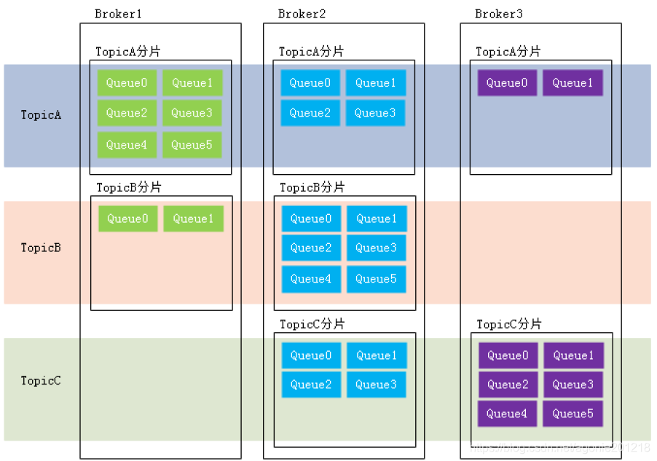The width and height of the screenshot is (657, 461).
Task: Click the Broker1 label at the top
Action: click(x=119, y=14)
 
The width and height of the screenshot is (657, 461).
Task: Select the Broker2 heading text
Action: click(x=302, y=14)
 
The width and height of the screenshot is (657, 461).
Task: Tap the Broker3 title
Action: click(x=499, y=14)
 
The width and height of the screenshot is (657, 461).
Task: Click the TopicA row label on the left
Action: click(x=41, y=114)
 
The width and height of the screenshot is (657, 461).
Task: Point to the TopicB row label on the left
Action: click(x=41, y=248)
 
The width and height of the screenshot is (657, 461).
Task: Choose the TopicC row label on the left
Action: click(x=41, y=380)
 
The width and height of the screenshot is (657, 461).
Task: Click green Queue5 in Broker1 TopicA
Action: click(x=192, y=145)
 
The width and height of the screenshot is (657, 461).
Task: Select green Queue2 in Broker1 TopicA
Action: click(x=127, y=113)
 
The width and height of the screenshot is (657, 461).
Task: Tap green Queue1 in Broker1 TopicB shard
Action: click(x=193, y=218)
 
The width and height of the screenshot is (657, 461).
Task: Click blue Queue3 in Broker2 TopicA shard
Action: click(x=375, y=113)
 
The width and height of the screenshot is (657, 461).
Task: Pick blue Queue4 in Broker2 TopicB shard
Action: click(x=311, y=279)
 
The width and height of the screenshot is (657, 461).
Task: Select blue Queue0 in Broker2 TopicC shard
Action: click(x=311, y=355)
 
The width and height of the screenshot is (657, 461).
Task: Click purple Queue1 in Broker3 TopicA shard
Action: click(x=573, y=83)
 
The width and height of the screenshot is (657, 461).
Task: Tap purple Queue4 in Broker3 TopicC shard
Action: click(x=507, y=414)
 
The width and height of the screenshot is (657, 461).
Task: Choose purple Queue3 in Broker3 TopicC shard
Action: click(x=573, y=385)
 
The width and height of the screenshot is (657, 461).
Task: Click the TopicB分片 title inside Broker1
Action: click(x=128, y=187)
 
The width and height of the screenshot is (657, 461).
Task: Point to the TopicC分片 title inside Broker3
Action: click(x=509, y=324)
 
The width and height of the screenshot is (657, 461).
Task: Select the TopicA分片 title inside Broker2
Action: click(x=311, y=52)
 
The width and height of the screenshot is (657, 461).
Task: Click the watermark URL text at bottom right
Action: click(x=560, y=447)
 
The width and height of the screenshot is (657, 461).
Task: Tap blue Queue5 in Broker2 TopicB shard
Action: click(x=376, y=279)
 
